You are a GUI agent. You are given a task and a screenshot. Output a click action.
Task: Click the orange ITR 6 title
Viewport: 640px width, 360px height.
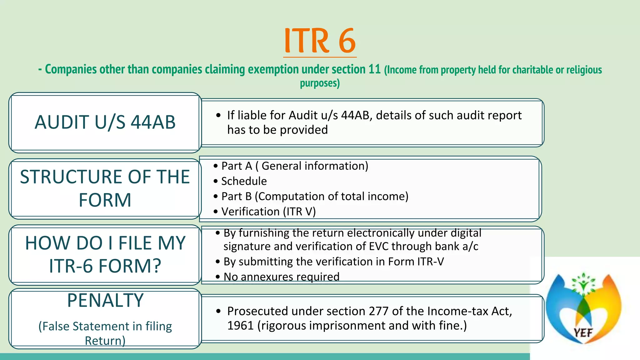pyautogui.click(x=320, y=41)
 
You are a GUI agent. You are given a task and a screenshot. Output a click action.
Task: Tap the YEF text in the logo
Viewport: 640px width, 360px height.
pyautogui.click(x=583, y=332)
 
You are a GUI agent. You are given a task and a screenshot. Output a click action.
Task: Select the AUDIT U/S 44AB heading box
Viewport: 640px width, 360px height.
pyautogui.click(x=105, y=122)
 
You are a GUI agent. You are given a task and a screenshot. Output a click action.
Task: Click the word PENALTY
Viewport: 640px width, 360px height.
pyautogui.click(x=105, y=301)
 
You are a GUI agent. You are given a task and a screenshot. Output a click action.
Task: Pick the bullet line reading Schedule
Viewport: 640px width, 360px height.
pyautogui.click(x=244, y=181)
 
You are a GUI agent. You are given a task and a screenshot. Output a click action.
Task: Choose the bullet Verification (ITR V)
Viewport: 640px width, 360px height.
pyautogui.click(x=268, y=212)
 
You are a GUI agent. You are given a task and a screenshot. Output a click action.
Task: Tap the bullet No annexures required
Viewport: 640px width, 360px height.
pyautogui.click(x=281, y=277)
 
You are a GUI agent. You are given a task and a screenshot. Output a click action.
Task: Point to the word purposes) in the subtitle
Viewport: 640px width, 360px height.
pyautogui.click(x=320, y=83)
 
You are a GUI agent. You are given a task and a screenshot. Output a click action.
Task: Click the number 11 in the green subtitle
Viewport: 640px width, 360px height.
pyautogui.click(x=374, y=69)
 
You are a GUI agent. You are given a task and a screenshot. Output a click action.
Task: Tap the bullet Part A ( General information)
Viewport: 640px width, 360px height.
pyautogui.click(x=295, y=166)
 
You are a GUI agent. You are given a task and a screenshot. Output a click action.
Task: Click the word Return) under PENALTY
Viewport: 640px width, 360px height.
pyautogui.click(x=105, y=341)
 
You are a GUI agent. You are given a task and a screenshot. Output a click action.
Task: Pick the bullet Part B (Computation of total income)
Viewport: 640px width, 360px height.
pyautogui.click(x=315, y=197)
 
